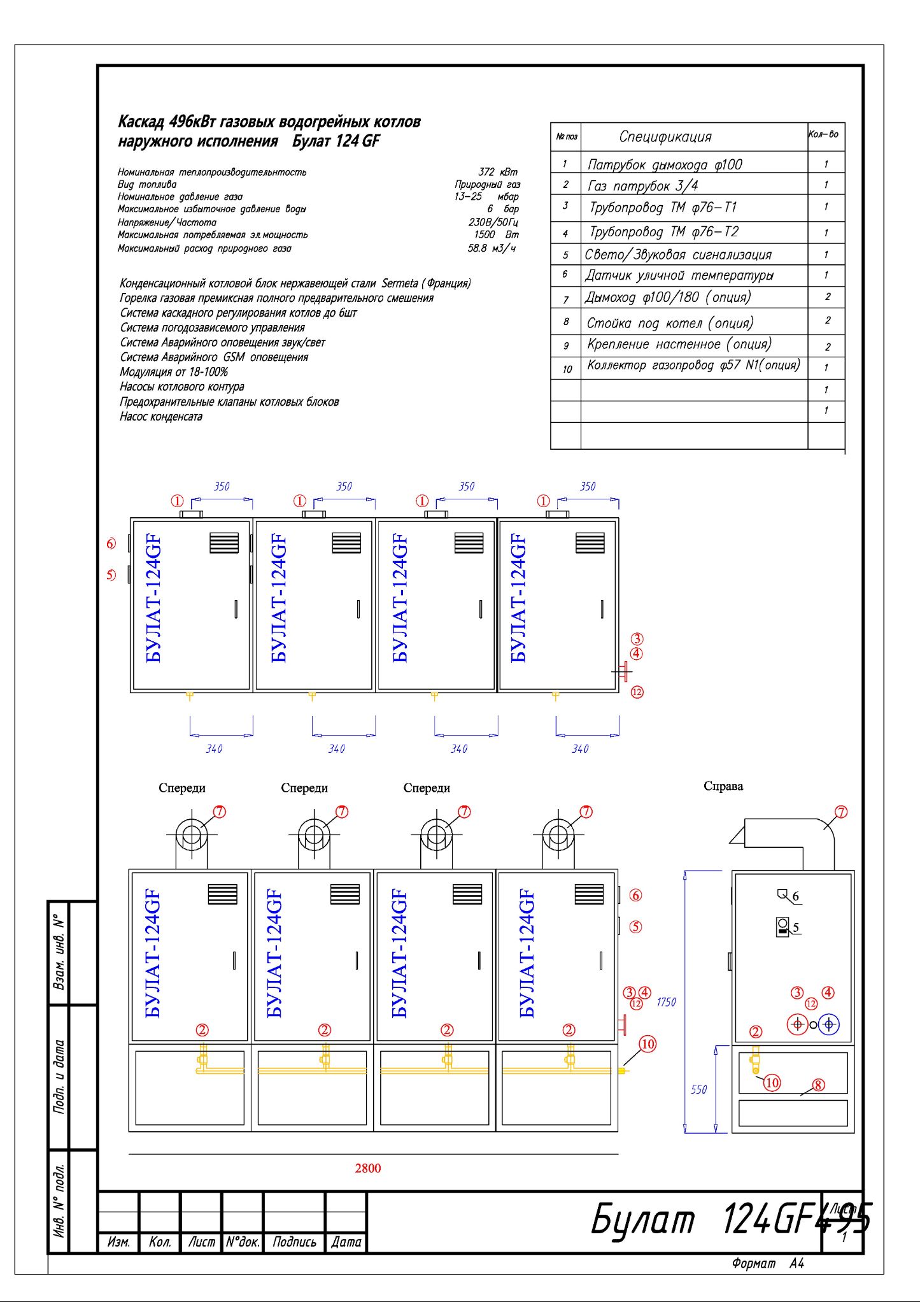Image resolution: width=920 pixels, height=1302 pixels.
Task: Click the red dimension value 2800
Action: (x=367, y=1168)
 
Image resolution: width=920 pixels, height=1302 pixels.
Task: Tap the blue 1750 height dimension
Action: (x=666, y=1002)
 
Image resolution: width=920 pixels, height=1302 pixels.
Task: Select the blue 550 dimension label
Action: (x=698, y=1089)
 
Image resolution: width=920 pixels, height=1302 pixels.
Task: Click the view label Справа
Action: (x=723, y=786)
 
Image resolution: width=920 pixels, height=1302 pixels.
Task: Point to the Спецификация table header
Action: (x=665, y=136)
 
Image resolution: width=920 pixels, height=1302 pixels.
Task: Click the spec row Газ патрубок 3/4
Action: (x=642, y=186)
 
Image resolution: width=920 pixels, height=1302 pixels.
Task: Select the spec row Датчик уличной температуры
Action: (x=679, y=275)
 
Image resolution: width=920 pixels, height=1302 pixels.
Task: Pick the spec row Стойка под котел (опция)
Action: (x=670, y=323)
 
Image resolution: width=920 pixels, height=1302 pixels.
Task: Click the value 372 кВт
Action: (x=498, y=172)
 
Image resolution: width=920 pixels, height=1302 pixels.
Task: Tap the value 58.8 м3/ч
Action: (x=492, y=248)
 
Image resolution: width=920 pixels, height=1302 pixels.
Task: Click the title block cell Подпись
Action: (x=294, y=1241)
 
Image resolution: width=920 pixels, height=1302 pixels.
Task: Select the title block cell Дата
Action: (x=346, y=1241)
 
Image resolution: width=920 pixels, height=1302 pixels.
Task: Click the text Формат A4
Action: (x=768, y=1263)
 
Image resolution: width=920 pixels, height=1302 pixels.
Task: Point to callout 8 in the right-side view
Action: (x=819, y=1085)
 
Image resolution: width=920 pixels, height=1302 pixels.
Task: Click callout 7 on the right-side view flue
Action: (x=841, y=812)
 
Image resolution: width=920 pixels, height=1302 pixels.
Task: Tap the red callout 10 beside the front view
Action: (x=648, y=1043)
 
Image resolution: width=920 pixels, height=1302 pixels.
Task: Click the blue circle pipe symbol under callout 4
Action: (x=828, y=1024)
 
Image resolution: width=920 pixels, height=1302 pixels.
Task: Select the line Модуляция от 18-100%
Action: (x=174, y=372)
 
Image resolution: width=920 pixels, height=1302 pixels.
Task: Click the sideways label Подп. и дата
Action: (x=59, y=1077)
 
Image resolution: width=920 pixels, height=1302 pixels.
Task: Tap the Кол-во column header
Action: (x=823, y=134)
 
